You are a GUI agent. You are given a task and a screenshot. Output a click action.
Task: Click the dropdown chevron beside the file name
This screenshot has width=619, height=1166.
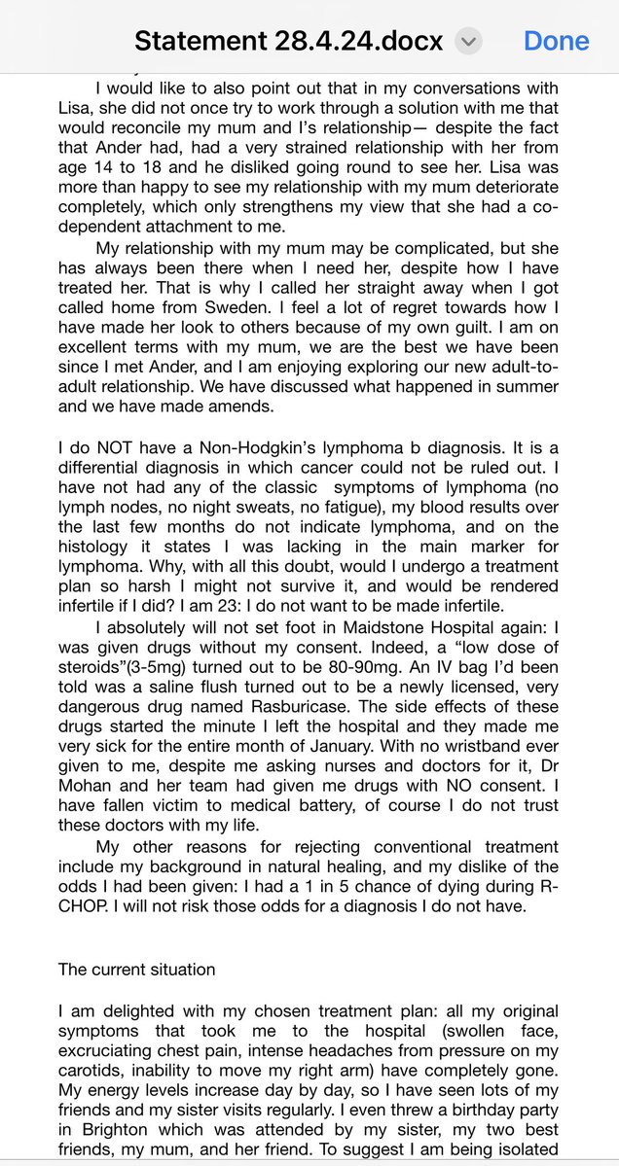(469, 41)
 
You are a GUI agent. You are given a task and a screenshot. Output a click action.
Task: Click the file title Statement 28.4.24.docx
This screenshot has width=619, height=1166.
(288, 41)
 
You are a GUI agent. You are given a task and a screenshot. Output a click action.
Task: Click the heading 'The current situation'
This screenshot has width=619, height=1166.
(136, 969)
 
